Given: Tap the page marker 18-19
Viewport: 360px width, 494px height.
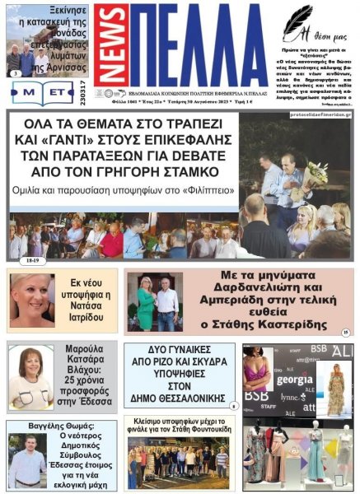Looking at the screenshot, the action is [35, 260].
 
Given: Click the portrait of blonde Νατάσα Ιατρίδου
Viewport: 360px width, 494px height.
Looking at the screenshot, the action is [32, 301].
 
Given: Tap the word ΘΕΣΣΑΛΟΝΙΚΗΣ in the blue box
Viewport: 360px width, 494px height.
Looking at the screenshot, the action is [179, 398].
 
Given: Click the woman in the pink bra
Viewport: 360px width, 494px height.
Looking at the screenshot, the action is [257, 370].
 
